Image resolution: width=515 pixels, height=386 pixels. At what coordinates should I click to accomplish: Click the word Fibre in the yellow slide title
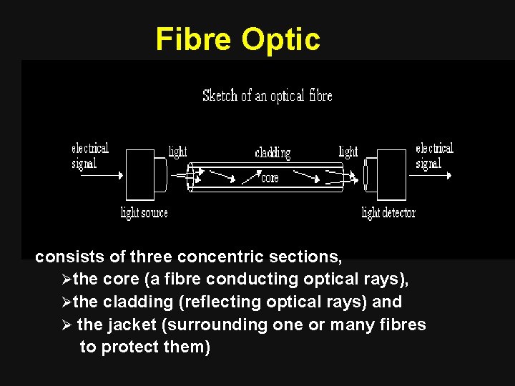(x=195, y=39)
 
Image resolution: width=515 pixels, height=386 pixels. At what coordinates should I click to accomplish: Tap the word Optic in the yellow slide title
(x=281, y=41)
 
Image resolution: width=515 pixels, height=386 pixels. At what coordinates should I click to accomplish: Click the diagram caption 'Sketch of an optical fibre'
(x=267, y=95)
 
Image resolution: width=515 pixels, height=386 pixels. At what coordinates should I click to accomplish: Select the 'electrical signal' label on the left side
(x=89, y=156)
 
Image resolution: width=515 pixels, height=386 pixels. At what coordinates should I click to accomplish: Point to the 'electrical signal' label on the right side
(x=434, y=156)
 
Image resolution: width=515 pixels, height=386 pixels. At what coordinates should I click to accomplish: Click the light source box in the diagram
(x=140, y=174)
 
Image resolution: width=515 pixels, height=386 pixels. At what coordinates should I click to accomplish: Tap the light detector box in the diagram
(x=391, y=174)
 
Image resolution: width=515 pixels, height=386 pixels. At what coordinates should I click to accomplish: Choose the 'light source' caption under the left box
(x=144, y=212)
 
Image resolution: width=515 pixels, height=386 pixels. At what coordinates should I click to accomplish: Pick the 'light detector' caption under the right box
(x=388, y=212)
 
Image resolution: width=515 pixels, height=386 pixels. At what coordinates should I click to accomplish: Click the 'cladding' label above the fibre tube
(x=273, y=153)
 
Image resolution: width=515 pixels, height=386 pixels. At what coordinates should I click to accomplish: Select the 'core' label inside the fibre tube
(x=270, y=178)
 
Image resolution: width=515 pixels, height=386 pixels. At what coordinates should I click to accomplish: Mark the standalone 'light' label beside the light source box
(x=177, y=152)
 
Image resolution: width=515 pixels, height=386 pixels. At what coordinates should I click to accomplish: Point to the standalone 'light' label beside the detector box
(x=348, y=152)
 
